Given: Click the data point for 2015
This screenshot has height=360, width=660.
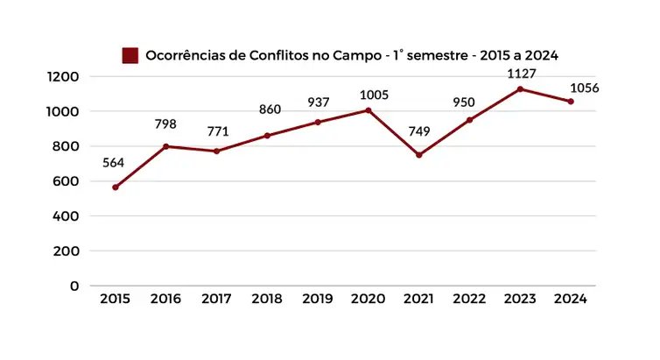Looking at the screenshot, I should tap(115, 187).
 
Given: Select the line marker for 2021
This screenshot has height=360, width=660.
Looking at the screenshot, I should tap(419, 155).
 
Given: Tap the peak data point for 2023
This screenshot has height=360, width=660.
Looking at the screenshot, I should tap(520, 88).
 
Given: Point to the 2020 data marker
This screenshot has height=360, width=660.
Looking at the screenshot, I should tap(369, 110).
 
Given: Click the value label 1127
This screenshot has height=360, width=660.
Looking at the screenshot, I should tap(520, 74).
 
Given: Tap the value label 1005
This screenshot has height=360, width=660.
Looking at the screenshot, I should tap(368, 95).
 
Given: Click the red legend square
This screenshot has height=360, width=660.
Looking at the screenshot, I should tap(130, 55).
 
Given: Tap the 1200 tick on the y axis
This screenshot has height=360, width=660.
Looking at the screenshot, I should tap(63, 77).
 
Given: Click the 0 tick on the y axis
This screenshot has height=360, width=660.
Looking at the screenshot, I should tap(74, 286).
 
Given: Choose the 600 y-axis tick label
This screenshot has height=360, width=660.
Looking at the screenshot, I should tap(67, 181).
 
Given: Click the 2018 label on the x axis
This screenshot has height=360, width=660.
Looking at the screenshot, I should tap(267, 300).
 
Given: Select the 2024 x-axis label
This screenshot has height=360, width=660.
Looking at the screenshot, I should tap(571, 300).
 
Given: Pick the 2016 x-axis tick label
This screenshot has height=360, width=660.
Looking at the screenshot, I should tap(165, 300).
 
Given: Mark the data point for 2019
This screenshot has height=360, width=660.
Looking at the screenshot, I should tap(318, 122).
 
